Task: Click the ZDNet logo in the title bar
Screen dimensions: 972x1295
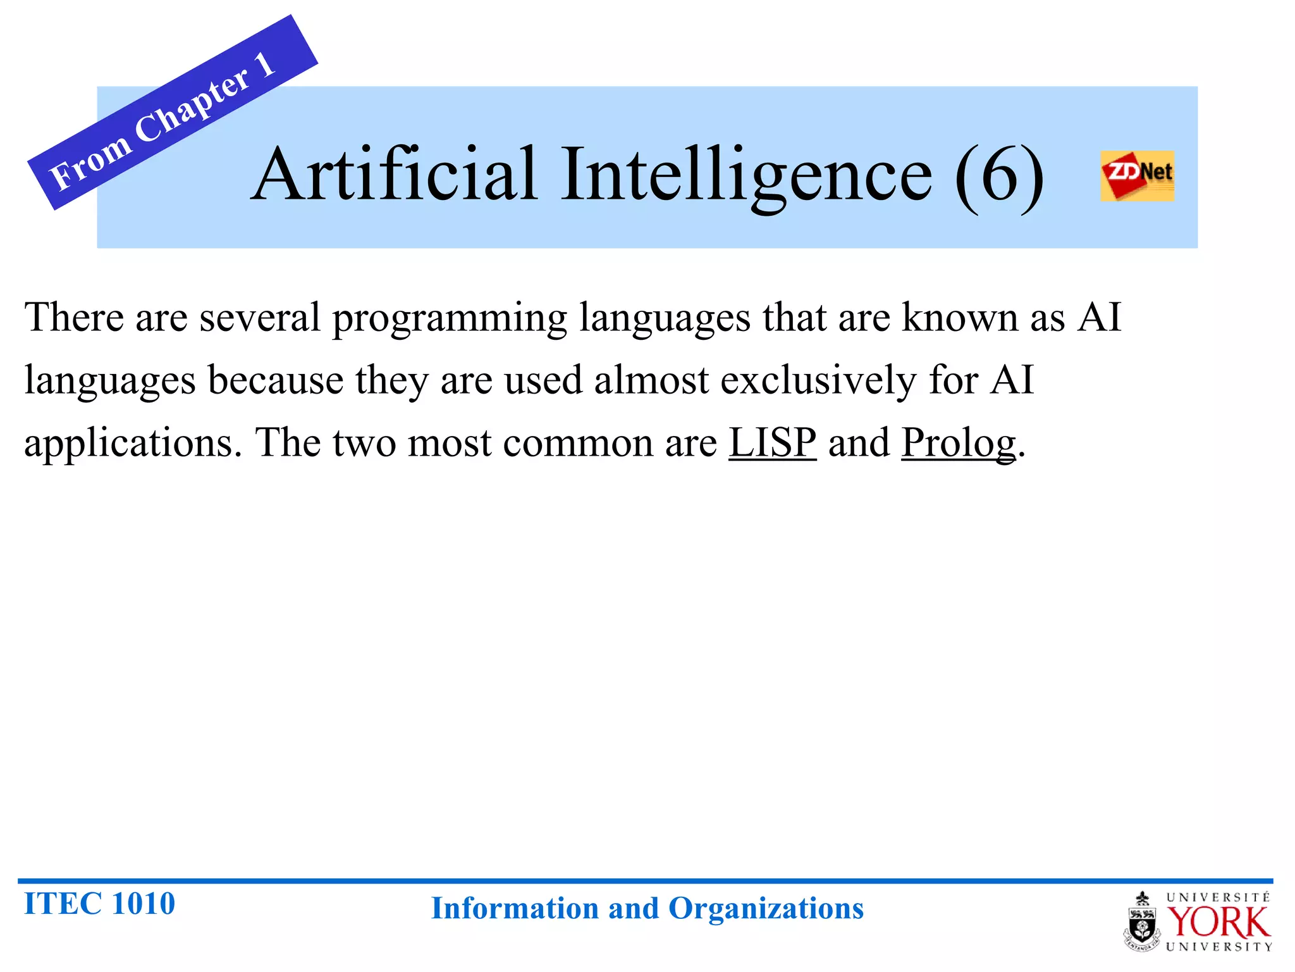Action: click(1137, 175)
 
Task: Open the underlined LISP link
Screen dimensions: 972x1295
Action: click(772, 442)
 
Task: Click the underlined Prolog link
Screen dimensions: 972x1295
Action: click(958, 442)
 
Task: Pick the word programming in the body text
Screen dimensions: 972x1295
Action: click(450, 318)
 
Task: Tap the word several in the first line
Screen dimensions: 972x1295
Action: click(259, 317)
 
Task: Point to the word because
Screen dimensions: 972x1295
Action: click(276, 380)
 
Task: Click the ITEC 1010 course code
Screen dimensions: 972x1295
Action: click(99, 903)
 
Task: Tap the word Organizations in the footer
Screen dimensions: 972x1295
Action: click(766, 909)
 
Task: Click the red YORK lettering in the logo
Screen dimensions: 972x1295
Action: click(1218, 923)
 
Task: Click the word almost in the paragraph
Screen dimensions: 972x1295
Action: click(651, 380)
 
